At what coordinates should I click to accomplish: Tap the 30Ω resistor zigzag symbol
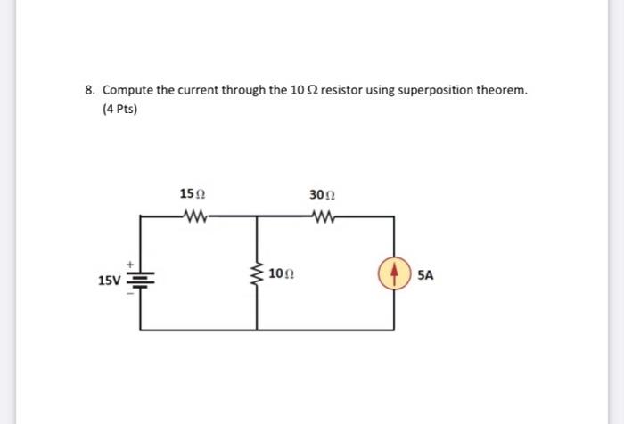[323, 215]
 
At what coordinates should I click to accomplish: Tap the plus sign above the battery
[130, 263]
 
